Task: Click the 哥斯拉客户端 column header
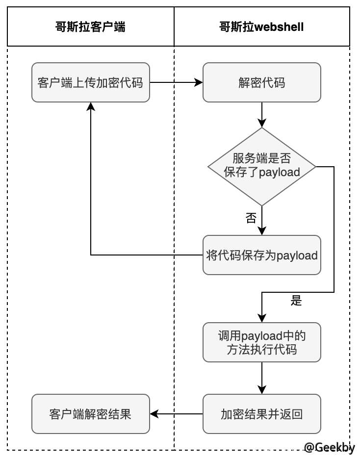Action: tap(91, 26)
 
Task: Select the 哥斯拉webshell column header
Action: tap(261, 26)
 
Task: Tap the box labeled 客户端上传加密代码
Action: tap(91, 82)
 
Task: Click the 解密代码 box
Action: tap(262, 82)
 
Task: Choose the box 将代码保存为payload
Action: tap(262, 255)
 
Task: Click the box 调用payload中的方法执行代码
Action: tap(262, 342)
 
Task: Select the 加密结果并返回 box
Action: tap(262, 414)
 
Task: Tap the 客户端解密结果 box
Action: tap(91, 414)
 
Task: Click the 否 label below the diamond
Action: tap(251, 218)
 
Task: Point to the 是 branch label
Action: tap(296, 301)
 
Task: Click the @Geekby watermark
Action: tap(329, 447)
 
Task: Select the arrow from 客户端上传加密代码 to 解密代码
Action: tap(176, 82)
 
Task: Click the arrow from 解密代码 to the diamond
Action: tap(262, 115)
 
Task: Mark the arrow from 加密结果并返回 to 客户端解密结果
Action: tap(176, 414)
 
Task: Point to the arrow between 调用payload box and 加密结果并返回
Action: tap(262, 378)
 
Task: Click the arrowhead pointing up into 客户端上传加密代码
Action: tap(91, 106)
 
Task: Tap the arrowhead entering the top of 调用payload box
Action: tap(262, 318)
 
